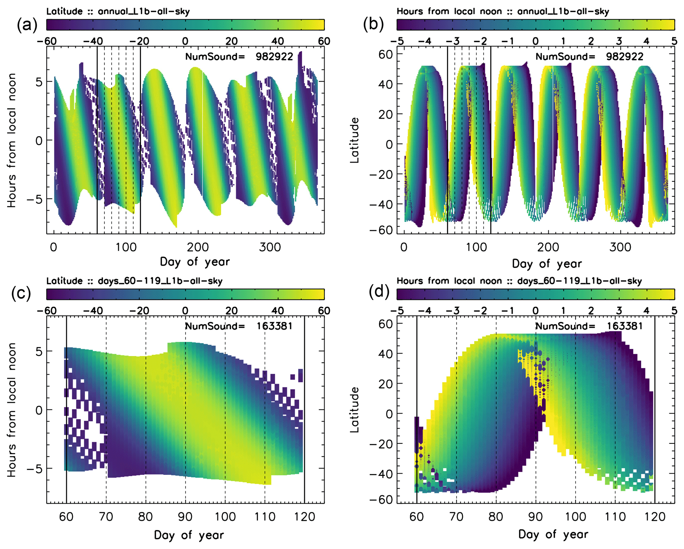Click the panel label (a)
point(27,25)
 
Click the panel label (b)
point(373,24)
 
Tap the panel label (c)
point(21,293)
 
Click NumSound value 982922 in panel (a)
point(274,57)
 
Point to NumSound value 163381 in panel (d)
point(624,326)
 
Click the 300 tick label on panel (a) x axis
point(270,247)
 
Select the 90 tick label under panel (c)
point(185,517)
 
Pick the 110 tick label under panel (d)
point(615,517)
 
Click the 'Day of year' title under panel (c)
point(189,535)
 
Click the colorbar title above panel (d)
point(519,281)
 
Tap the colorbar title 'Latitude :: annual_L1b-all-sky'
point(118,12)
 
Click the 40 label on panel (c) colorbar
point(278,311)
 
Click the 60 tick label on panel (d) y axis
point(386,324)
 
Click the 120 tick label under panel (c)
point(304,517)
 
